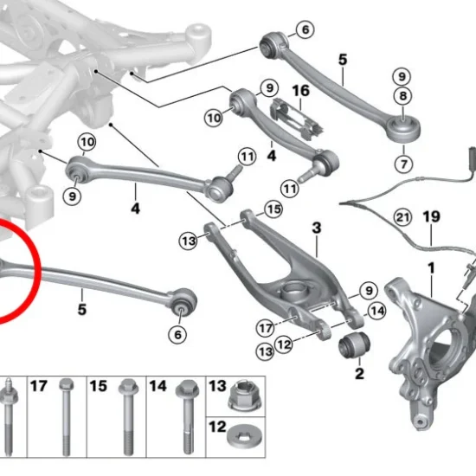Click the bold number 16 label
click(x=300, y=91)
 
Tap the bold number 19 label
click(x=431, y=216)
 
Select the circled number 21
click(x=402, y=217)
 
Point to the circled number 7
click(x=404, y=164)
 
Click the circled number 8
click(x=402, y=96)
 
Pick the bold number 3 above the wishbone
click(x=316, y=228)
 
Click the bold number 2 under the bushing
click(x=359, y=373)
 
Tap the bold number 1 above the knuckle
click(x=431, y=268)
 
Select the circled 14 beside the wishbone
click(x=376, y=311)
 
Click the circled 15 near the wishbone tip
click(x=273, y=209)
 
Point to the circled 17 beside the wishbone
click(x=266, y=328)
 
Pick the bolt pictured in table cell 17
click(x=67, y=417)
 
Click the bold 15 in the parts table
click(x=99, y=386)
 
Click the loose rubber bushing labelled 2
click(x=355, y=345)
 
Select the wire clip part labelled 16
click(x=298, y=119)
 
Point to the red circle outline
click(x=37, y=267)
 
